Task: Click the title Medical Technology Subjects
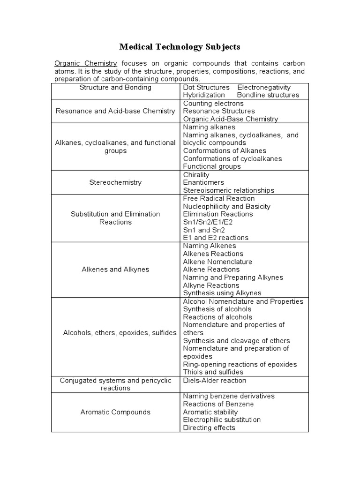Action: pyautogui.click(x=180, y=47)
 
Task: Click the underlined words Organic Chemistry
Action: pyautogui.click(x=87, y=63)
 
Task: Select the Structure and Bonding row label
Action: pyautogui.click(x=115, y=87)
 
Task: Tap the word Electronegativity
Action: pyautogui.click(x=264, y=87)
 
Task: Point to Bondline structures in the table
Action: pyautogui.click(x=268, y=95)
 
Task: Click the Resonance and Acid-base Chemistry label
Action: pyautogui.click(x=115, y=111)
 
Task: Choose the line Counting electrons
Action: pyautogui.click(x=213, y=103)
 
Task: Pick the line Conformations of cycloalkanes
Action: pyautogui.click(x=232, y=158)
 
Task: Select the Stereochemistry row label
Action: pyautogui.click(x=115, y=182)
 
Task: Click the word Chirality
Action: pyautogui.click(x=196, y=174)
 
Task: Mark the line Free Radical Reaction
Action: pyautogui.click(x=219, y=198)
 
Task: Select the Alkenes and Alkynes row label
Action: pyautogui.click(x=115, y=270)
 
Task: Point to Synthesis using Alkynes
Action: pyautogui.click(x=222, y=293)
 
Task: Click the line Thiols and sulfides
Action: pyautogui.click(x=213, y=372)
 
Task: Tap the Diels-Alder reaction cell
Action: pyautogui.click(x=215, y=381)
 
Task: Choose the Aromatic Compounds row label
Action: pyautogui.click(x=115, y=412)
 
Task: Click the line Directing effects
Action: pyautogui.click(x=209, y=428)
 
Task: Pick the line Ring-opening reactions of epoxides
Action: pyautogui.click(x=240, y=365)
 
